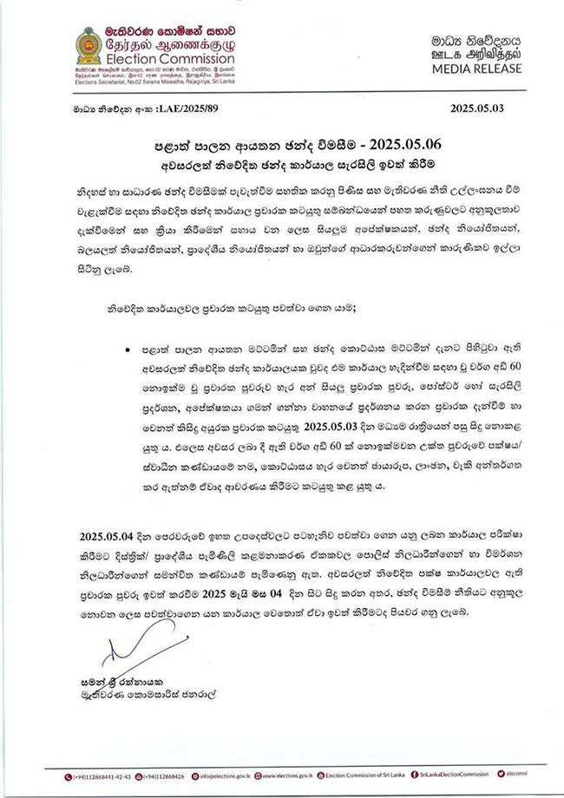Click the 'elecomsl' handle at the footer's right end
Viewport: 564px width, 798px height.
pos(541,778)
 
